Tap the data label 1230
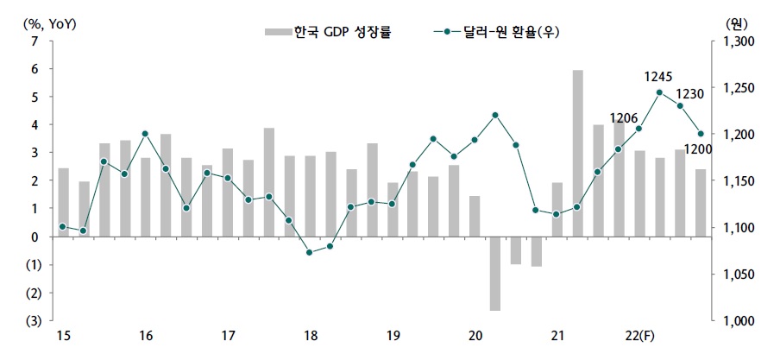(690, 94)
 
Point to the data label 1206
(623, 118)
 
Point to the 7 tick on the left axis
(34, 41)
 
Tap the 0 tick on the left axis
(34, 237)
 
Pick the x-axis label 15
(63, 336)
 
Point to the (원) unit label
(736, 23)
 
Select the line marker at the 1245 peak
(660, 92)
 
